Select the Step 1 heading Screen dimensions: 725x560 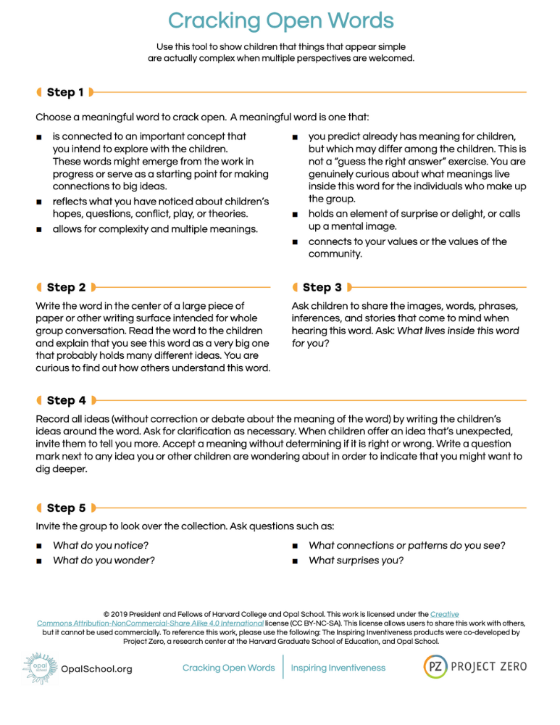(x=65, y=92)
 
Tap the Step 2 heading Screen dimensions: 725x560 (x=66, y=288)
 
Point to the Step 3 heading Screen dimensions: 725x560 (x=322, y=288)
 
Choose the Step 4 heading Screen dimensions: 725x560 (x=66, y=400)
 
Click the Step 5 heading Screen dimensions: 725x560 (x=66, y=508)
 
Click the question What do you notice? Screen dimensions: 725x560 (x=100, y=544)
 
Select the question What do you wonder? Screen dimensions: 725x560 (x=104, y=560)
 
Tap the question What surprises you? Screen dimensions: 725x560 (x=356, y=560)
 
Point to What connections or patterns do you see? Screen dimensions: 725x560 (x=406, y=544)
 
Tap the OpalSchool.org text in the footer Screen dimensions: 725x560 (x=96, y=669)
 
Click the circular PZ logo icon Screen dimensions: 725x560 (x=435, y=666)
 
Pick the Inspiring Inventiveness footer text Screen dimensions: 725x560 (x=338, y=668)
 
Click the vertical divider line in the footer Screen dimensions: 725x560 (x=283, y=667)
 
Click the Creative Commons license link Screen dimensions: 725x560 (x=151, y=623)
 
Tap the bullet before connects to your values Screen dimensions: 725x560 (x=294, y=242)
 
